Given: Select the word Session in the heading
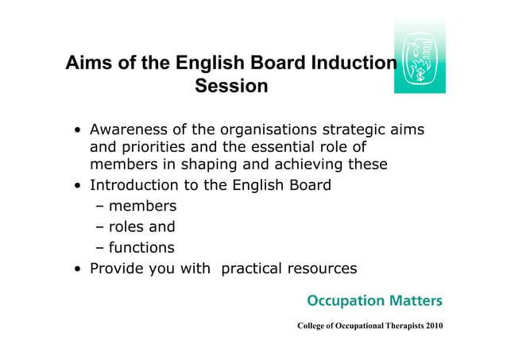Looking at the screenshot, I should click(231, 86).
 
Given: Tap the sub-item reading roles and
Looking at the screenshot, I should click(141, 227).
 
